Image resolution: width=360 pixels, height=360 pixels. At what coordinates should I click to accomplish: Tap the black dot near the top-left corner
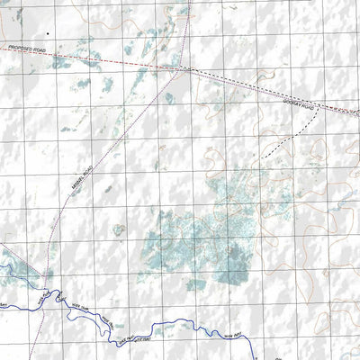(x=51, y=33)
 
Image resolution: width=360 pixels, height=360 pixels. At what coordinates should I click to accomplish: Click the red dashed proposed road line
(x=108, y=59)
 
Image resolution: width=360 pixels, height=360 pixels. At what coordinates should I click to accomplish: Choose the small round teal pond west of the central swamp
(x=118, y=230)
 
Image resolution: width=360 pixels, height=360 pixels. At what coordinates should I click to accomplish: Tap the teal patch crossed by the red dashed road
(x=63, y=63)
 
